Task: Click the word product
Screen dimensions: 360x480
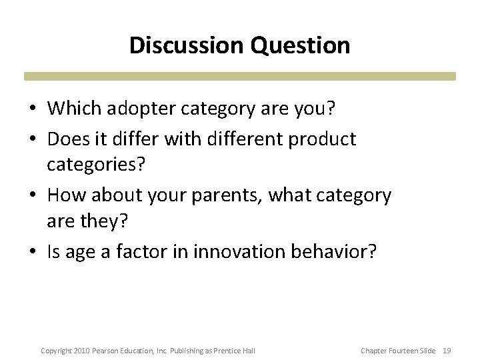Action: click(x=323, y=139)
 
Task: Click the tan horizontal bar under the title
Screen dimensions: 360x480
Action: click(x=240, y=76)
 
